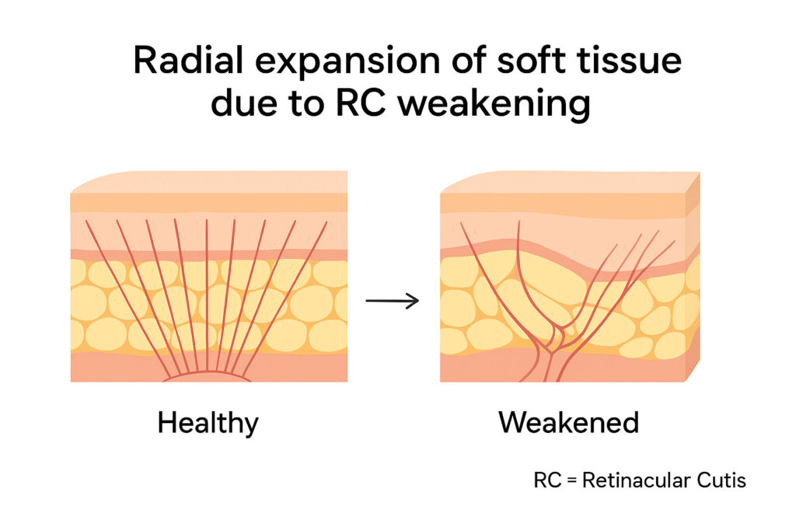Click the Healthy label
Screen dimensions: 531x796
[208, 424]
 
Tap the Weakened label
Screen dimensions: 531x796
[568, 424]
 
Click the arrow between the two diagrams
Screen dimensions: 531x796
[392, 300]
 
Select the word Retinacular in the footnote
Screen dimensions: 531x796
[632, 480]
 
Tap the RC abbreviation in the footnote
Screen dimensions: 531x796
[546, 480]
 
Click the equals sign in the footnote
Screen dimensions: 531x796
[571, 481]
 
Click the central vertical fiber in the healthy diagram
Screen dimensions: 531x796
[207, 295]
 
